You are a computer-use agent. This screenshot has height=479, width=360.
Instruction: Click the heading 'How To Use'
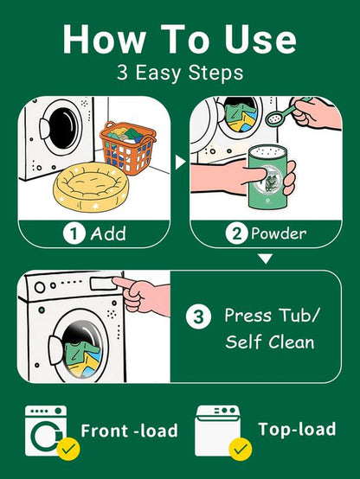click(180, 39)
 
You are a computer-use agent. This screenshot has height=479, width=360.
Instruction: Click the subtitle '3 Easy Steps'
click(180, 73)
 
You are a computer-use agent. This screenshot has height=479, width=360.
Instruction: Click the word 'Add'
click(107, 234)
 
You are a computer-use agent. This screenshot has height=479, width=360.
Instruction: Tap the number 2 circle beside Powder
click(236, 234)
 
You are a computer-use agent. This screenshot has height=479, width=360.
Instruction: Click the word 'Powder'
click(279, 234)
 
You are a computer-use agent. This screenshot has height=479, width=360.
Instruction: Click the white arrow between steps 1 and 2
click(181, 161)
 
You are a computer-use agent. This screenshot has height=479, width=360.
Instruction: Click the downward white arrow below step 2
click(267, 258)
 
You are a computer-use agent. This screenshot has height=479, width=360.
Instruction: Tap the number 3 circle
click(199, 316)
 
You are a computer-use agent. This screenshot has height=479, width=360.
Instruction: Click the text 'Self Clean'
click(270, 342)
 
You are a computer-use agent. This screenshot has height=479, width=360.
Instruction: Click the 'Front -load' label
click(129, 431)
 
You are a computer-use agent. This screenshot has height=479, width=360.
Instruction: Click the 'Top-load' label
click(296, 429)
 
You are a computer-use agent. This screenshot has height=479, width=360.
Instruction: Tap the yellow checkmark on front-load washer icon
click(66, 448)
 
